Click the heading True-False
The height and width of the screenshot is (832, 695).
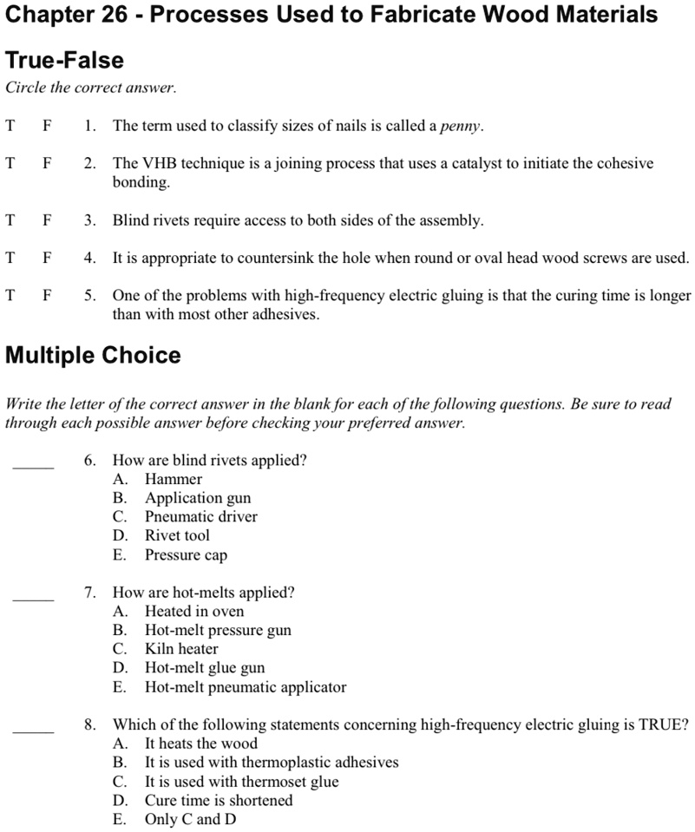coord(64,61)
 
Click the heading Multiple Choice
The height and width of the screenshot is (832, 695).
coord(93,356)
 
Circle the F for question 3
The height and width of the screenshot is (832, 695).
coord(48,221)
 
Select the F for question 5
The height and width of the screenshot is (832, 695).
coord(48,296)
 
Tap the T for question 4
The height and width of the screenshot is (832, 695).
coord(10,259)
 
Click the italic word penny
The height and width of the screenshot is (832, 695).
coord(461,127)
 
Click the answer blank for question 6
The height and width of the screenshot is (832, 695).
coord(33,466)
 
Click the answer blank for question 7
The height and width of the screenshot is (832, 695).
coord(33,598)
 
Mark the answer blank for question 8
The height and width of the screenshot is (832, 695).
coord(33,730)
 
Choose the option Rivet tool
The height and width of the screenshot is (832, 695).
coord(177,535)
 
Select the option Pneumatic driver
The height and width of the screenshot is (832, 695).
coord(200,517)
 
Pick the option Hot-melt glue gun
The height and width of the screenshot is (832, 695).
coord(205,668)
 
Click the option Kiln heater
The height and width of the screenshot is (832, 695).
coord(181,649)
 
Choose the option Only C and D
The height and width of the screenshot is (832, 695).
coord(190,819)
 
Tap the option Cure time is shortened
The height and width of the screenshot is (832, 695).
coord(219,800)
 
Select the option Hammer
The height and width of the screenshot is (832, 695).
coord(174,480)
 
